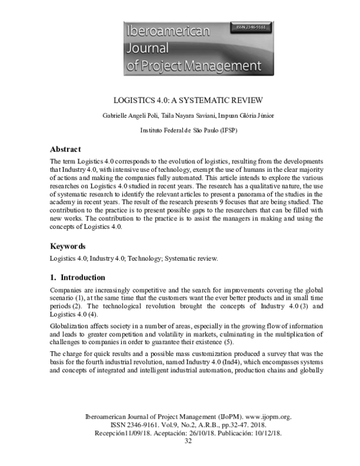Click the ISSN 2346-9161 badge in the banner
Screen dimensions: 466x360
pos(251,28)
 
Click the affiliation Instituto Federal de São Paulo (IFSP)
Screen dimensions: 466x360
pos(180,130)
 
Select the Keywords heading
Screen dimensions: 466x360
pos(67,246)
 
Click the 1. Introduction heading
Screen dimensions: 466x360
pos(77,277)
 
